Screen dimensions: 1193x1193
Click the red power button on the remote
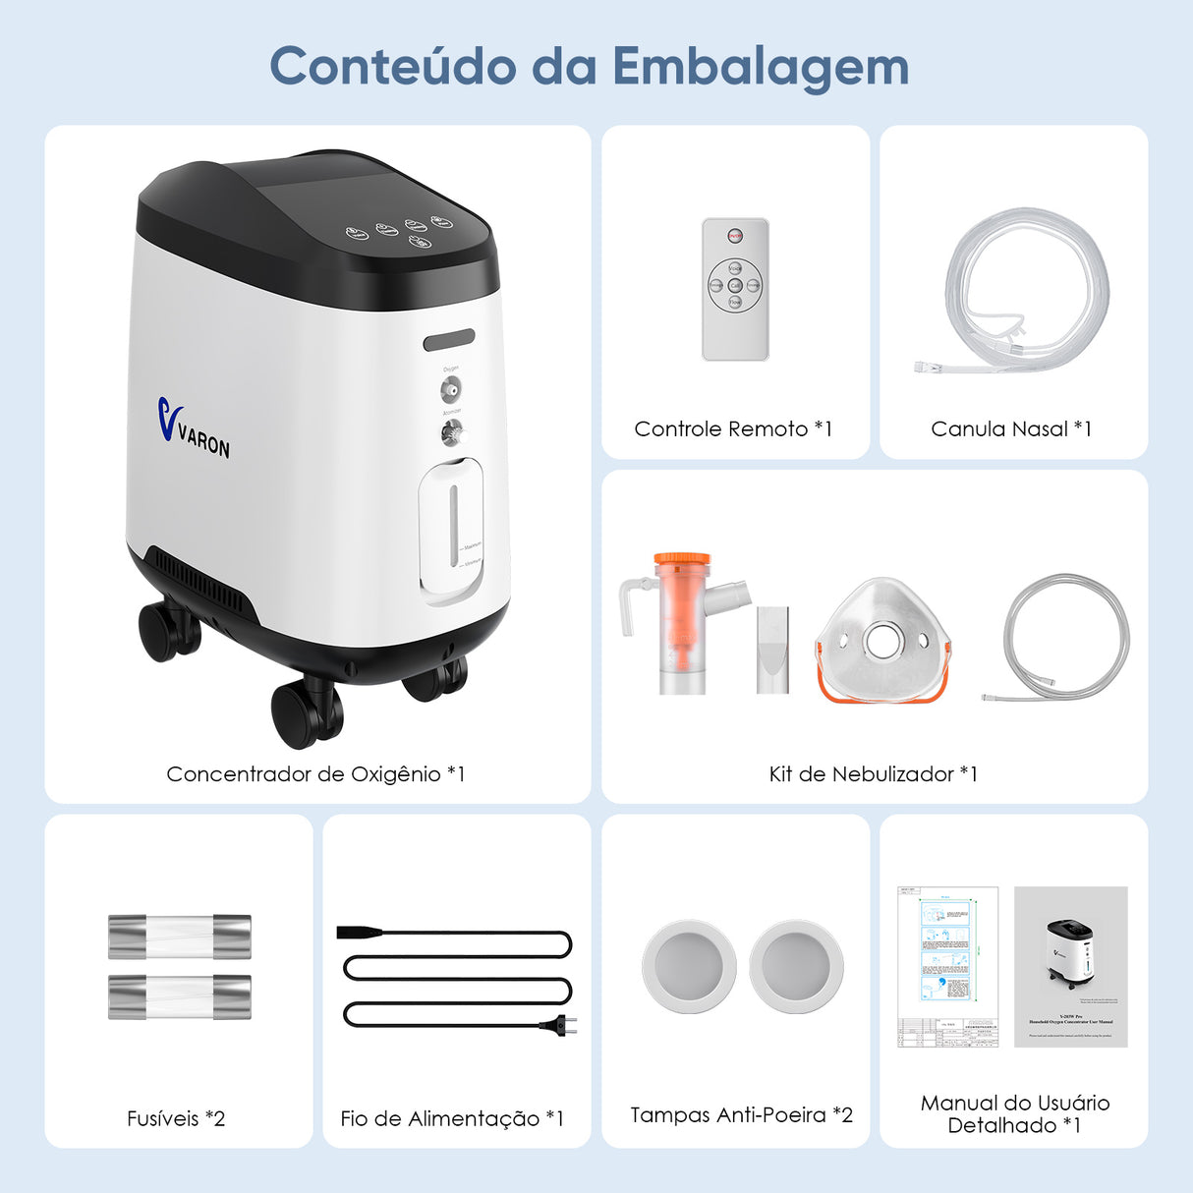point(734,236)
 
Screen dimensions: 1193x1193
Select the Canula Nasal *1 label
point(1011,428)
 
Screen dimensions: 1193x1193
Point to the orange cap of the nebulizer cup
point(682,561)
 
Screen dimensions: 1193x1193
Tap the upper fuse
point(179,937)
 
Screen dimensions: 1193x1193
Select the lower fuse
point(179,996)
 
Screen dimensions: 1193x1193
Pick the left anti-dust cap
point(689,966)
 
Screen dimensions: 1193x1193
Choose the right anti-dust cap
point(796,966)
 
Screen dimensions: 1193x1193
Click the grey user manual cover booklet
point(1070,966)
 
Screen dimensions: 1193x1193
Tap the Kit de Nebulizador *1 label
point(873,774)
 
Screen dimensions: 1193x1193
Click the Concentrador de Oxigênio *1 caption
point(315,774)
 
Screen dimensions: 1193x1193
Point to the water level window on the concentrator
point(452,528)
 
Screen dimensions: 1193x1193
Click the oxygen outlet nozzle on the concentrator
point(450,390)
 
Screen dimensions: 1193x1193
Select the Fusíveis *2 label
point(176,1118)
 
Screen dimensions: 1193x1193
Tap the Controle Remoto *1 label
point(733,428)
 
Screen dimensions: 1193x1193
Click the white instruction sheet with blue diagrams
point(947,966)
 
